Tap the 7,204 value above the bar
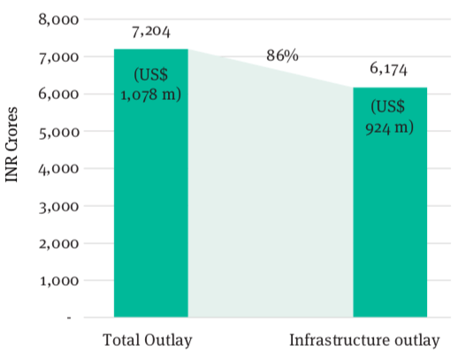151,33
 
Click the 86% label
282,56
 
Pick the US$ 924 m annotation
390,117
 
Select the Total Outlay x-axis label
148,341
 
